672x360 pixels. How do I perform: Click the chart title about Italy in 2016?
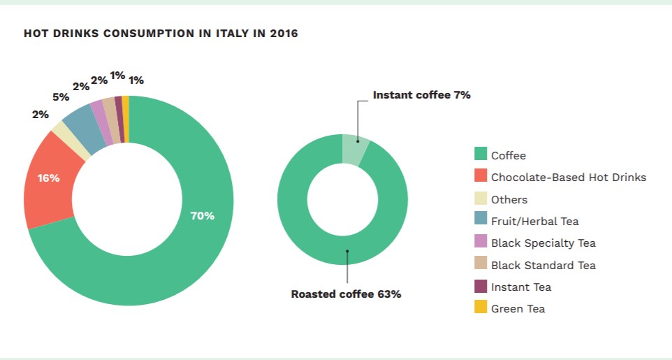(x=161, y=34)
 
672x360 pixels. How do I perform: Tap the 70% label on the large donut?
(x=202, y=216)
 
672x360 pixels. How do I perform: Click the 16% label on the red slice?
(x=48, y=178)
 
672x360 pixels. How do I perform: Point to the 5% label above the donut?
(x=61, y=97)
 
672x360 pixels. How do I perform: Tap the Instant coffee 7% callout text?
(x=421, y=95)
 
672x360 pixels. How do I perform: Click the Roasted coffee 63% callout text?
(x=346, y=294)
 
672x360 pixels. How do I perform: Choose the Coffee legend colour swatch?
(x=481, y=155)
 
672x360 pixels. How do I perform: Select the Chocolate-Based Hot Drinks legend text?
(x=569, y=178)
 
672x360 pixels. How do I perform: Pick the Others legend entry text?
(x=509, y=199)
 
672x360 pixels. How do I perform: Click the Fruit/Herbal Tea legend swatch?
(x=481, y=221)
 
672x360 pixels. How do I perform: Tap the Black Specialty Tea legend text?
(x=543, y=243)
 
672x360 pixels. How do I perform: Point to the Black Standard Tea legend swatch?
(x=481, y=265)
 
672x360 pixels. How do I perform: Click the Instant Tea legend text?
(x=520, y=287)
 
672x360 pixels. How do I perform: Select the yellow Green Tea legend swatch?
(x=481, y=308)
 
